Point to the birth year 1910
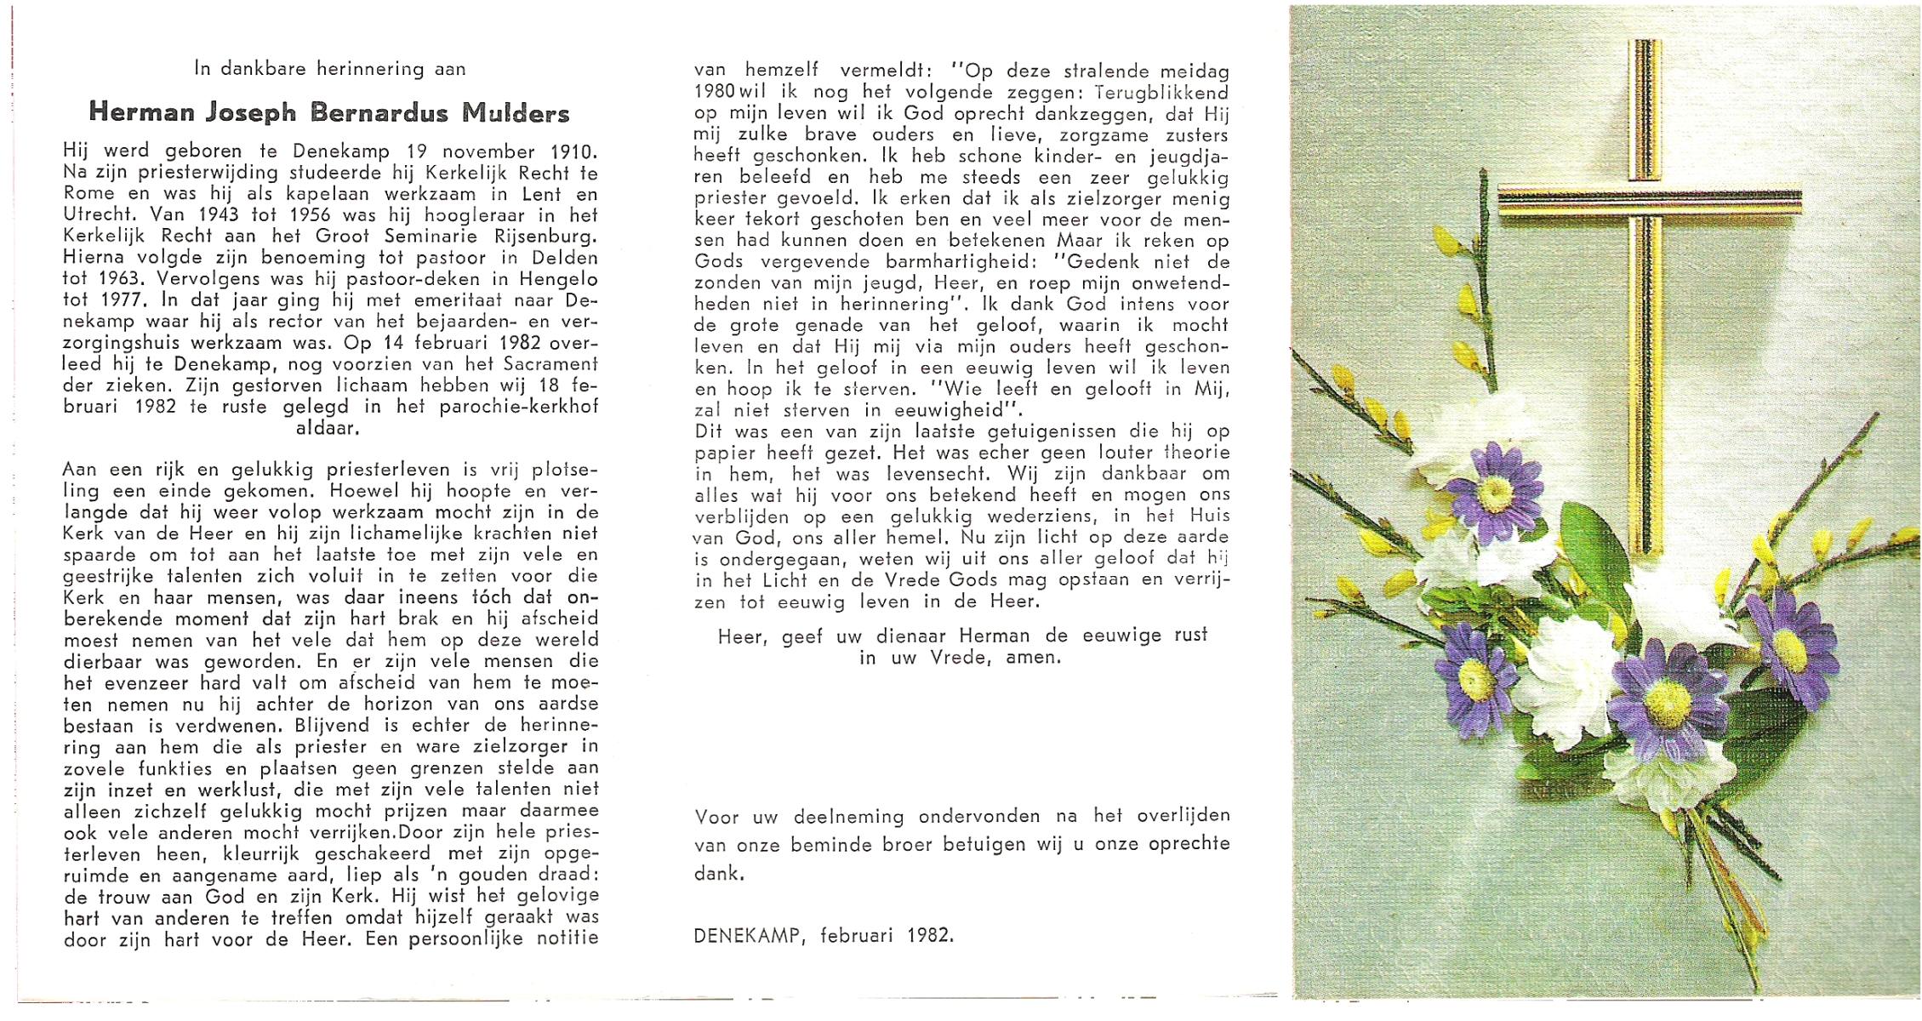tap(573, 151)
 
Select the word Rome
tap(88, 194)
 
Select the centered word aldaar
tap(328, 428)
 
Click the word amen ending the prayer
tap(1032, 658)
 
